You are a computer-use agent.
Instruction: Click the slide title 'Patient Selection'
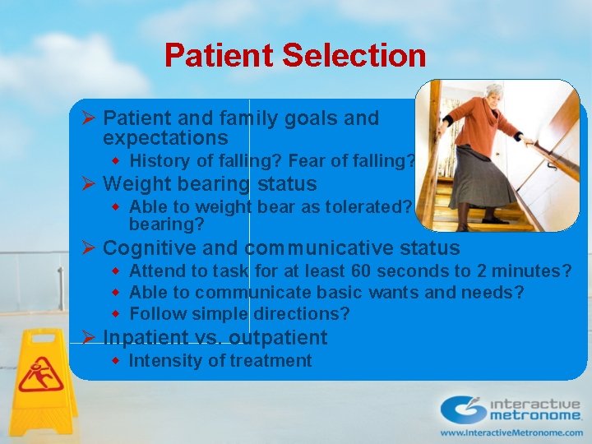tap(295, 56)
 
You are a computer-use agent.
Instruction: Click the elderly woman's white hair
tap(494, 90)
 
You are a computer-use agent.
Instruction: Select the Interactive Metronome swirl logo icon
tap(463, 409)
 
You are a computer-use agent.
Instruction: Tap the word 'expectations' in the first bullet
tap(165, 137)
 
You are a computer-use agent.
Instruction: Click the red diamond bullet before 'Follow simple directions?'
tap(117, 314)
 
